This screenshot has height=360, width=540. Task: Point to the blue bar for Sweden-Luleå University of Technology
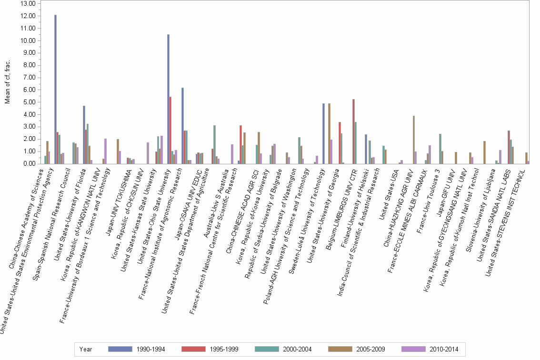coord(323,133)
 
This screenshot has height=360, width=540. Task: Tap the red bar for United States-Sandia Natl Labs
coord(509,147)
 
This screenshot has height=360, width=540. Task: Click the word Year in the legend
coord(86,349)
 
